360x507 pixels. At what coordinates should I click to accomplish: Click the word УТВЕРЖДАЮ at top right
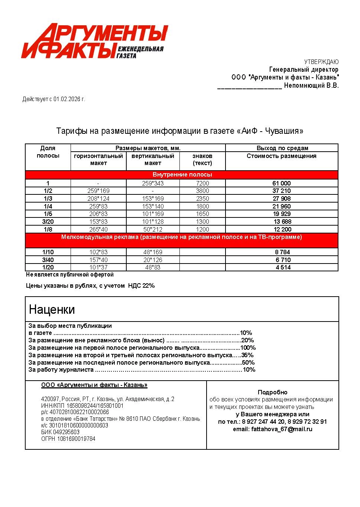321,62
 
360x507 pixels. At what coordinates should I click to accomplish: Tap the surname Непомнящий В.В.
311,85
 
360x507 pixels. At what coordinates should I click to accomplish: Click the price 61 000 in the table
282,183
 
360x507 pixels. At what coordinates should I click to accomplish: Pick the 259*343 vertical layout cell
153,183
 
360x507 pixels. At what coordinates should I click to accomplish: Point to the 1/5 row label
48,214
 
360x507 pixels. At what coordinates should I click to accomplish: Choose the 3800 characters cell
202,191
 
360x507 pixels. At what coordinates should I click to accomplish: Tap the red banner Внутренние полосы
182,175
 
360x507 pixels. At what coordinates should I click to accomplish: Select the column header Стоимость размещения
281,156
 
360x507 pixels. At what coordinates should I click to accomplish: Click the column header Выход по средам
282,148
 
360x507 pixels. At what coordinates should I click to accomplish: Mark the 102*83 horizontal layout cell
98,252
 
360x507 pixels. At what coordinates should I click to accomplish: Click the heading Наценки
52,310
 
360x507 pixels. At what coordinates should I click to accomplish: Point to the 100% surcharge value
248,348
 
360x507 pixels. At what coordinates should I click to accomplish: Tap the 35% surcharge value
247,355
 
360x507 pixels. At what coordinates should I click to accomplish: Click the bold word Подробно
272,393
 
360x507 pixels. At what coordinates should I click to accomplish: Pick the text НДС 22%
141,286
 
